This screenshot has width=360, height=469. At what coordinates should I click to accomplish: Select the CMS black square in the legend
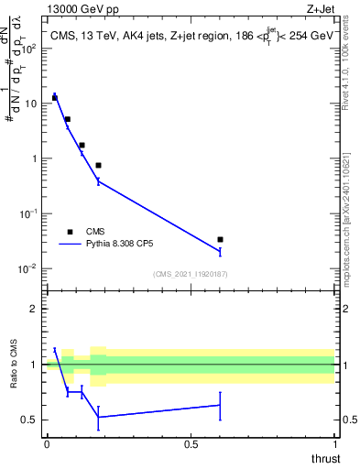coord(71,232)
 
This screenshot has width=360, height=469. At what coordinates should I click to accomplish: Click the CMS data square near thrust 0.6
coord(220,239)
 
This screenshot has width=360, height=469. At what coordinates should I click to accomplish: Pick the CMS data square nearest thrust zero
coord(55,97)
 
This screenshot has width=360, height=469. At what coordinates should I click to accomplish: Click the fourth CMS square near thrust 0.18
coord(98,165)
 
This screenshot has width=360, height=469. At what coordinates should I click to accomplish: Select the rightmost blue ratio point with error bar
coord(220,405)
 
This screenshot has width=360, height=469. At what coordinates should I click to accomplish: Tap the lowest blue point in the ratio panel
coord(98,418)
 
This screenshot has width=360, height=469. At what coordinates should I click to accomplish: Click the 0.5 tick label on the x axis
coord(191,443)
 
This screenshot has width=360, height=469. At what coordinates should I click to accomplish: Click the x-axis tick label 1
coord(335,443)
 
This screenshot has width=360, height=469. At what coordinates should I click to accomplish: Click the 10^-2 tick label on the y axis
coord(31,268)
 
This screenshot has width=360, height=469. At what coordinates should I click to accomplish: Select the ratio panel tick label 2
coord(35,309)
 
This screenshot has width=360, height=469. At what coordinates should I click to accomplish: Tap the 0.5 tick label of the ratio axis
coord(31,420)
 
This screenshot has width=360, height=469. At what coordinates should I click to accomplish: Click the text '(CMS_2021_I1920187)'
coord(190,273)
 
